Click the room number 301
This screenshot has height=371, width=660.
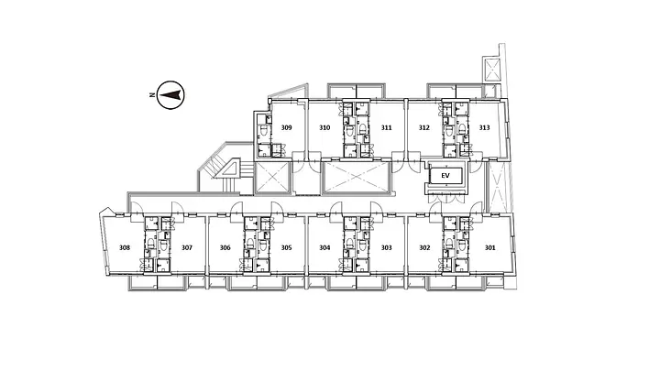pyautogui.click(x=489, y=247)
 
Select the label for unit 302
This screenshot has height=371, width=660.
pyautogui.click(x=424, y=247)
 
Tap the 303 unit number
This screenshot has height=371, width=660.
pyautogui.click(x=387, y=247)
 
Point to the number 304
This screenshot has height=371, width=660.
pyautogui.click(x=324, y=247)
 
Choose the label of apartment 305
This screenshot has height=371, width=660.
pyautogui.click(x=286, y=247)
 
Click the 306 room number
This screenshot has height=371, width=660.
pyautogui.click(x=225, y=247)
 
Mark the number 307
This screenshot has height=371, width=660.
pyautogui.click(x=187, y=247)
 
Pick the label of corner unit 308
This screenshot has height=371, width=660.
pyautogui.click(x=125, y=247)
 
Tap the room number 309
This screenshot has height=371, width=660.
pyautogui.click(x=287, y=127)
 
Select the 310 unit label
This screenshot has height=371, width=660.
pyautogui.click(x=324, y=127)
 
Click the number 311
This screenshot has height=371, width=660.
pyautogui.click(x=387, y=127)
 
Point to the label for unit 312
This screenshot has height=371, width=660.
pyautogui.click(x=424, y=127)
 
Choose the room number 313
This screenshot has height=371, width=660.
pyautogui.click(x=485, y=127)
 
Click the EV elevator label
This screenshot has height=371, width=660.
pyautogui.click(x=445, y=175)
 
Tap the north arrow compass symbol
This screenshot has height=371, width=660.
pyautogui.click(x=170, y=95)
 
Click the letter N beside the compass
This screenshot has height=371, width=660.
pyautogui.click(x=151, y=95)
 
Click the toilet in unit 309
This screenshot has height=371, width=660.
pyautogui.click(x=263, y=131)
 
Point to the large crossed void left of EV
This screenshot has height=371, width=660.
pyautogui.click(x=357, y=177)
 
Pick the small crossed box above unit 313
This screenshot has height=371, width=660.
pyautogui.click(x=492, y=70)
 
